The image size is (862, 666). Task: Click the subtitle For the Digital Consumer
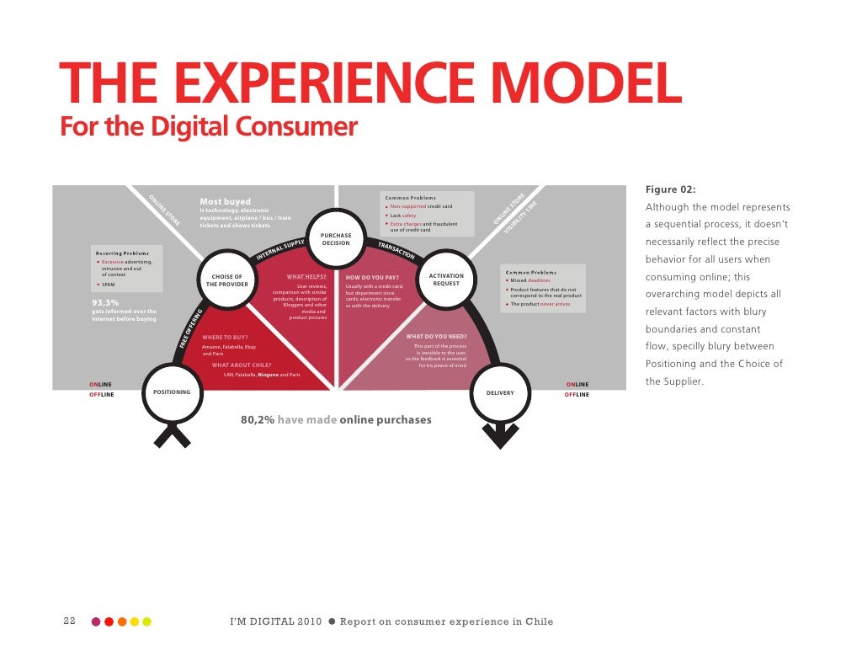click(x=209, y=128)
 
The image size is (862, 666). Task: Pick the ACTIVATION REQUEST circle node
click(x=446, y=280)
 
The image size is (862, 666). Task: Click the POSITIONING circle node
click(x=172, y=392)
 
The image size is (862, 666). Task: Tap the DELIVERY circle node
click(x=500, y=392)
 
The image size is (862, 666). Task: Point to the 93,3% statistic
click(x=105, y=303)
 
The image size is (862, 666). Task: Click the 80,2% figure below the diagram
click(x=257, y=419)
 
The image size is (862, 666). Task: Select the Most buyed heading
click(x=225, y=201)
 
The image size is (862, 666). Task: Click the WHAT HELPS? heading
click(x=306, y=276)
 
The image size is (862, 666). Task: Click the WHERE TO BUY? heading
click(x=225, y=337)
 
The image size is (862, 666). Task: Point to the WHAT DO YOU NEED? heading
click(x=436, y=337)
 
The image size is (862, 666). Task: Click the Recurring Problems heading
click(x=123, y=253)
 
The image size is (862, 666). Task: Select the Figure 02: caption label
click(x=671, y=189)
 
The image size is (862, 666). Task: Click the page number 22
click(x=70, y=621)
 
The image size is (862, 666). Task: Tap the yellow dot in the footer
click(x=147, y=622)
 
